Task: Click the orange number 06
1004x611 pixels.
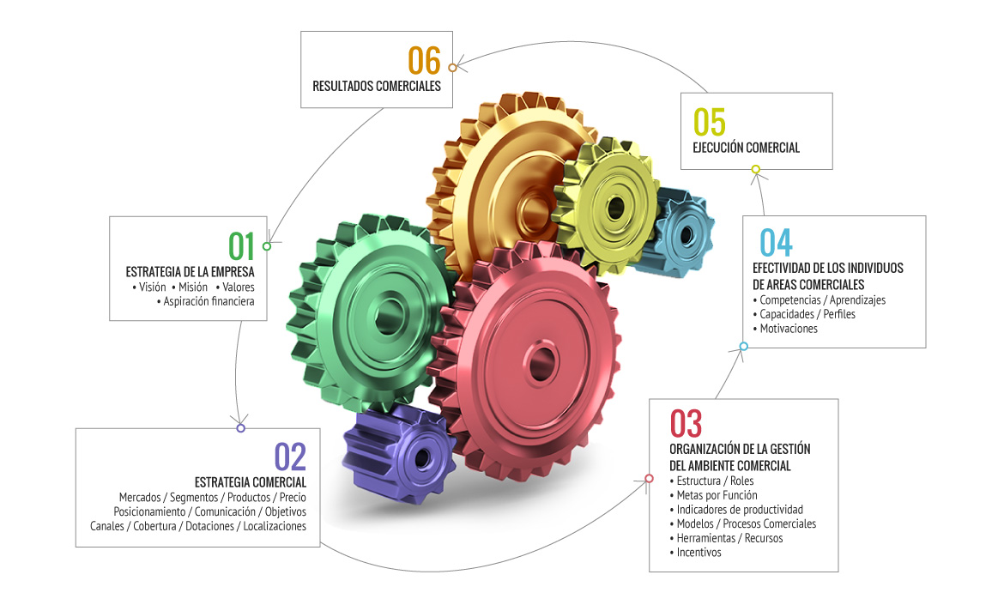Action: (424, 61)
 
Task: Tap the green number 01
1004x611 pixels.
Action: (242, 246)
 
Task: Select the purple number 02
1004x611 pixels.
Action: (290, 457)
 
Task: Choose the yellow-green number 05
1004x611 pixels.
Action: (710, 123)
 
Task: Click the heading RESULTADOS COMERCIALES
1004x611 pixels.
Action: (377, 86)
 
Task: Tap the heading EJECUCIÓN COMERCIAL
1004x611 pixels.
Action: (746, 148)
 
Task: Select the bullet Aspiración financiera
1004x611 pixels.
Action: (209, 301)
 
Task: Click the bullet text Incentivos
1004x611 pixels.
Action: (699, 553)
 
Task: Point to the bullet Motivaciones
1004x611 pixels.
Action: (789, 329)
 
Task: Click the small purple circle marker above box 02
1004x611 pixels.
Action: (240, 428)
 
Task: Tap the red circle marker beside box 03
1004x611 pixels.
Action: (649, 480)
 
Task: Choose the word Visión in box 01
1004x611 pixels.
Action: (152, 287)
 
